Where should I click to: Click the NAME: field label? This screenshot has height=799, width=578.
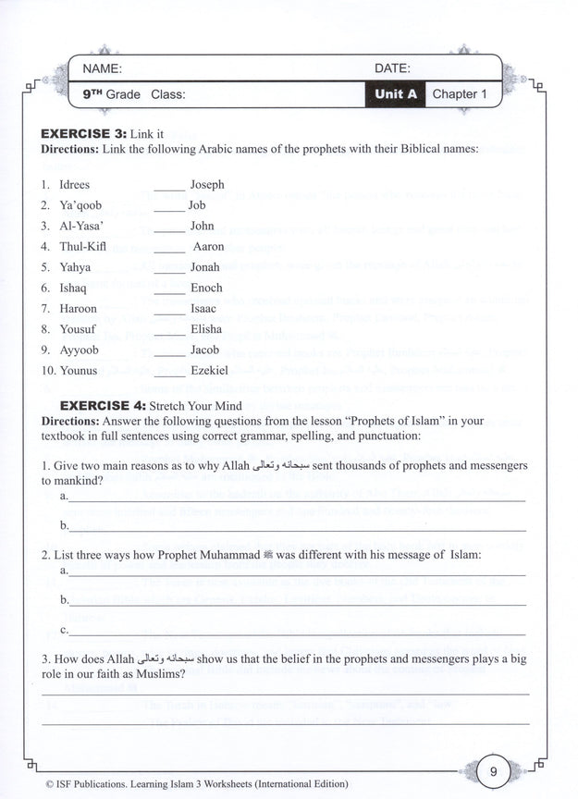click(102, 68)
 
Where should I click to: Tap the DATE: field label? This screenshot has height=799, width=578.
click(392, 68)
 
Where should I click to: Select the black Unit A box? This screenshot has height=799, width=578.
click(396, 94)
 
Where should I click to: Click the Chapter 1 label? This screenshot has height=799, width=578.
click(460, 94)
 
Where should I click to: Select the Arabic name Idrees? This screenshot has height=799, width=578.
click(74, 185)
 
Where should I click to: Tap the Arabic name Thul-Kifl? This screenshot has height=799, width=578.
click(81, 247)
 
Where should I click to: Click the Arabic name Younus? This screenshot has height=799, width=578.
click(78, 371)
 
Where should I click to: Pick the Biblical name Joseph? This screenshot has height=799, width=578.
click(207, 185)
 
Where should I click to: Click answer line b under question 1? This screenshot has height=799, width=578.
click(296, 529)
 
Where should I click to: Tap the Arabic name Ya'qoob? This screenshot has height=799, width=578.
click(80, 205)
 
